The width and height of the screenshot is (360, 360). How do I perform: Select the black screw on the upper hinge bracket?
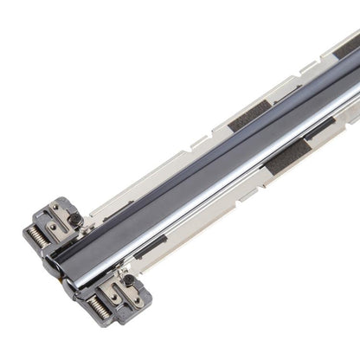pyautogui.click(x=75, y=219)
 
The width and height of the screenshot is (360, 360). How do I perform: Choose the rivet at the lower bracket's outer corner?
pyautogui.click(x=137, y=299)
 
